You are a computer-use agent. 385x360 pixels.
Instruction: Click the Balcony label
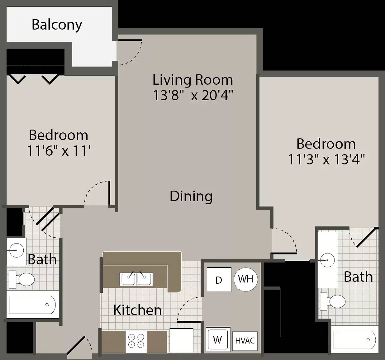click(x=57, y=25)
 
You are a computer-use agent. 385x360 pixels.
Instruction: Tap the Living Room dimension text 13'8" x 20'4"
click(x=193, y=95)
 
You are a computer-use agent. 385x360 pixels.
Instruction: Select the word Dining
click(x=191, y=197)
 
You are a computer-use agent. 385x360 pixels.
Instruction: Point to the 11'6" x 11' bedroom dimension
click(x=59, y=151)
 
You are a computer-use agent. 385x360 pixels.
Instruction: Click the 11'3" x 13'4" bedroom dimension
click(x=326, y=159)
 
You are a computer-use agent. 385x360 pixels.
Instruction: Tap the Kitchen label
click(x=137, y=310)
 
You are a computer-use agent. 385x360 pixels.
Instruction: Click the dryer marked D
click(x=219, y=279)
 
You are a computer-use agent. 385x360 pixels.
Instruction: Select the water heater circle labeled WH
click(x=246, y=279)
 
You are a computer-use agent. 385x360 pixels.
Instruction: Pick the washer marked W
click(x=218, y=339)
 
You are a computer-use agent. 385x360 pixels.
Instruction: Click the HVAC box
click(x=245, y=341)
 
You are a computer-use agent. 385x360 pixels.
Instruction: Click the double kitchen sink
click(x=136, y=279)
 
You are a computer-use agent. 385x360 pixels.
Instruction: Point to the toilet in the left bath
click(x=22, y=279)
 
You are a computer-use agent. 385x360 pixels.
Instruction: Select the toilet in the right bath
click(x=333, y=301)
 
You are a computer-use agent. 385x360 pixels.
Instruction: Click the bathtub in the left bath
click(x=32, y=305)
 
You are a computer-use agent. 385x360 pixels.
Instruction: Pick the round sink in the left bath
click(x=17, y=250)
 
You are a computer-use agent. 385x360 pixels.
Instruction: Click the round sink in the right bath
click(x=327, y=260)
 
